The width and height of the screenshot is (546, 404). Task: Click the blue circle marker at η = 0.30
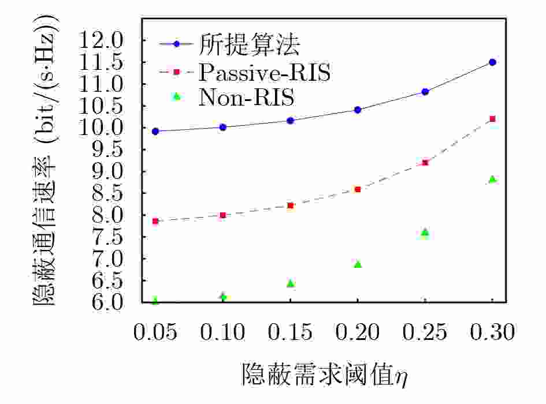pos(492,62)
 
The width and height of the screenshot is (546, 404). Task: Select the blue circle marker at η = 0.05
pos(155,132)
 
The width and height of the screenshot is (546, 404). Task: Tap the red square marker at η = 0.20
pos(358,190)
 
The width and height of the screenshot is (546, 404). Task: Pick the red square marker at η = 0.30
pos(492,119)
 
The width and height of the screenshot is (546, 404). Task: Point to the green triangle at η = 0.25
pos(425,233)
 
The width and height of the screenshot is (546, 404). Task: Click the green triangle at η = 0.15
pos(291,283)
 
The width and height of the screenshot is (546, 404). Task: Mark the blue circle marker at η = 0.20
pos(358,110)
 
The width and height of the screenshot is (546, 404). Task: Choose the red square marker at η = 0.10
pos(223,215)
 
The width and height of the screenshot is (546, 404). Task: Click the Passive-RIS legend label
pos(264,72)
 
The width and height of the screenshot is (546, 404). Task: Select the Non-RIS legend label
pos(247,97)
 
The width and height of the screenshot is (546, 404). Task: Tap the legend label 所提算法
pos(249,44)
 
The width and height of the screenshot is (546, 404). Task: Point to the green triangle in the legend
pos(177,96)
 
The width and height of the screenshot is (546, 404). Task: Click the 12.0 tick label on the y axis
pos(101,40)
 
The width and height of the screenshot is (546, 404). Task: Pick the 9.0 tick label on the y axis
pos(107,171)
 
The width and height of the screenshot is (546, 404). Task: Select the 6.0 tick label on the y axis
pos(107,301)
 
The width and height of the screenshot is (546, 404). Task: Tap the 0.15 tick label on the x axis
pos(290,332)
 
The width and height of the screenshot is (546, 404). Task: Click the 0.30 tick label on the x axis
pos(492,332)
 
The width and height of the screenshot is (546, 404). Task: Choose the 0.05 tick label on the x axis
pos(155,332)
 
